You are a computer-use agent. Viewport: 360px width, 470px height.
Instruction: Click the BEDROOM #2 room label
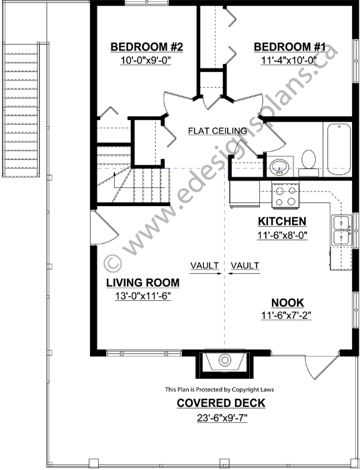click(146, 47)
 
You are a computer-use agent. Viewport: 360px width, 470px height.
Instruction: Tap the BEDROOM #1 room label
click(289, 47)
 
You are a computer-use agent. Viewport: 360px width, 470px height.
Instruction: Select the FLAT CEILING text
click(218, 131)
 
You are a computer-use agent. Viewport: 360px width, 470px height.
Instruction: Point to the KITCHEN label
click(282, 222)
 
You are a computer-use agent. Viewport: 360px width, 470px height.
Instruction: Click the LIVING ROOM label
click(143, 283)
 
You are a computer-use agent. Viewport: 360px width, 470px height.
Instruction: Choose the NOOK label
click(287, 303)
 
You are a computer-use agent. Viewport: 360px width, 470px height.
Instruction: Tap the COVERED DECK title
click(221, 403)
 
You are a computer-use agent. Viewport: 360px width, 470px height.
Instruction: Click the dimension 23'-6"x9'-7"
click(222, 418)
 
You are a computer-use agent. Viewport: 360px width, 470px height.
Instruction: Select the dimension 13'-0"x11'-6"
click(143, 296)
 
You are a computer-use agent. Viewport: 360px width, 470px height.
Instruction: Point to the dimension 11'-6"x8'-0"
click(282, 235)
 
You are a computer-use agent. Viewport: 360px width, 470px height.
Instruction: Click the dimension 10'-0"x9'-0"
click(146, 60)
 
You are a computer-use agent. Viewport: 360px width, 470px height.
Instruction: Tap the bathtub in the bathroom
click(339, 150)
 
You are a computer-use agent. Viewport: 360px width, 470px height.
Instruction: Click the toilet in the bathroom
click(308, 163)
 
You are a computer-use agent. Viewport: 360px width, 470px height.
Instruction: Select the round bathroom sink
click(279, 167)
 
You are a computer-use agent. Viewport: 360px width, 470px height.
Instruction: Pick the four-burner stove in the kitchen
click(285, 196)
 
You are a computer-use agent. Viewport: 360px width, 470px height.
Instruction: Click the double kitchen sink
click(342, 230)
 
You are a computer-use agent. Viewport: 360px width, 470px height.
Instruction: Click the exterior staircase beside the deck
click(21, 109)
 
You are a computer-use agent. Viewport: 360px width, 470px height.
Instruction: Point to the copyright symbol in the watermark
click(113, 264)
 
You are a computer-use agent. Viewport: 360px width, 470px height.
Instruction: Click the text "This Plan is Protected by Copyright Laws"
click(220, 389)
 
